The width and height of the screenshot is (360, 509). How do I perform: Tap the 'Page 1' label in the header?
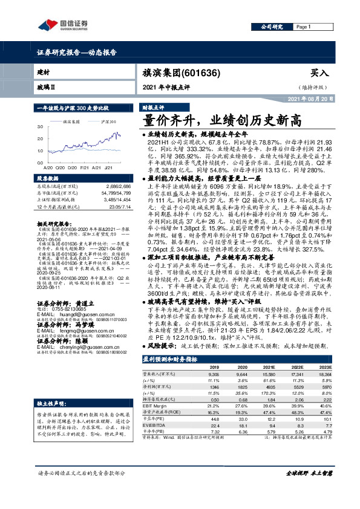(303, 27)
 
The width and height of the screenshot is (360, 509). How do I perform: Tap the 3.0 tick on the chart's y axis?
(40, 127)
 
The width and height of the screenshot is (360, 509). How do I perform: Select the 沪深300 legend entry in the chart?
(108, 122)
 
